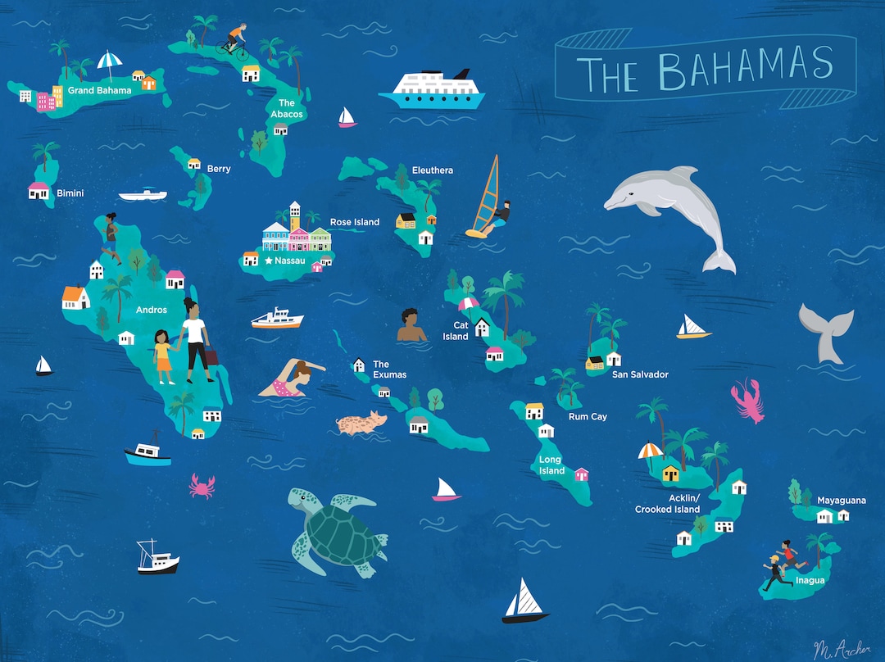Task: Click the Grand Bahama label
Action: tap(99, 90)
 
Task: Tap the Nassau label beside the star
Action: tap(290, 261)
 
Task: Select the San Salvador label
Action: tap(640, 374)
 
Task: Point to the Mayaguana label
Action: tap(841, 500)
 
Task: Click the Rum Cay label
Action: tap(588, 417)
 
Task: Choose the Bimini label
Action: tap(70, 193)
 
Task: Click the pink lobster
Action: tap(747, 399)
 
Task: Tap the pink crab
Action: tap(202, 485)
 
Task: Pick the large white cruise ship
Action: tap(432, 88)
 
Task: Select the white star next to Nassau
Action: tap(268, 261)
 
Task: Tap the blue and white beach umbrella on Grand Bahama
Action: tap(109, 61)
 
